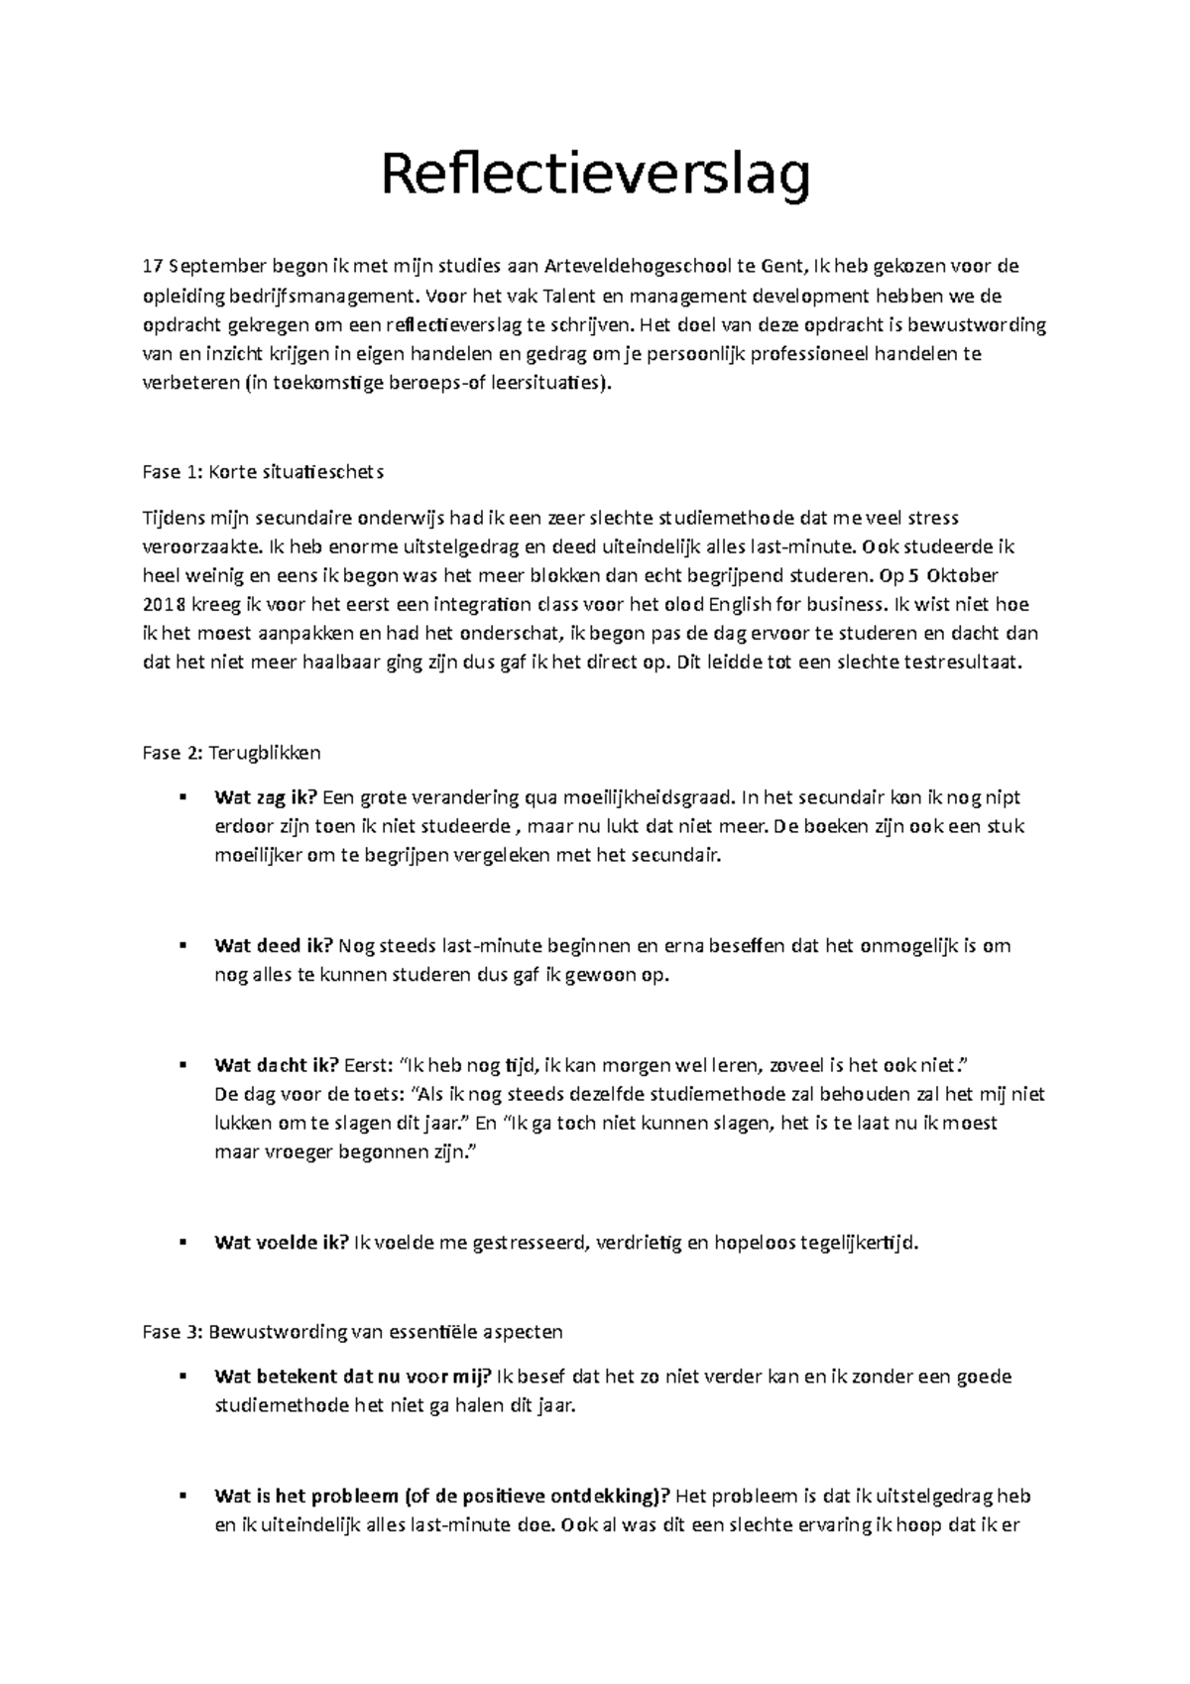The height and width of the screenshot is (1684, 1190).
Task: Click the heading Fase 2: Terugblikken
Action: pyautogui.click(x=231, y=753)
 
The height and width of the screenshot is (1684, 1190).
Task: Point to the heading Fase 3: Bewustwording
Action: pyautogui.click(x=352, y=1332)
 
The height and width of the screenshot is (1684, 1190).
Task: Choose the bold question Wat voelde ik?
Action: pyautogui.click(x=281, y=1243)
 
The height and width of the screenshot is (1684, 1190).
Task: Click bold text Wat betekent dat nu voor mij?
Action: pyautogui.click(x=352, y=1377)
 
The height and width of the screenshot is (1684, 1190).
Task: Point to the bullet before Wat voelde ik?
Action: pyautogui.click(x=182, y=1243)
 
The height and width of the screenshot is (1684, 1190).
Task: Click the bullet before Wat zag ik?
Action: pyautogui.click(x=182, y=797)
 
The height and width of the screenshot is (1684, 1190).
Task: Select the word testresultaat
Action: pyautogui.click(x=961, y=663)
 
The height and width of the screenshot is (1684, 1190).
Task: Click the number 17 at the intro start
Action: pyautogui.click(x=152, y=266)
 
